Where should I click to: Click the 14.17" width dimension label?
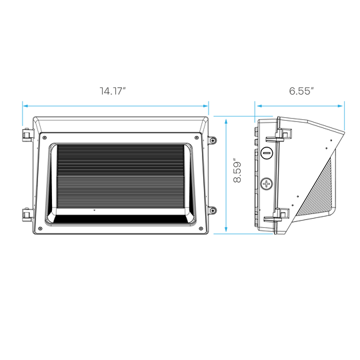pyautogui.click(x=113, y=91)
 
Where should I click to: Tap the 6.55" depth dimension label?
pyautogui.click(x=301, y=91)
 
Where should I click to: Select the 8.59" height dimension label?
pyautogui.click(x=237, y=170)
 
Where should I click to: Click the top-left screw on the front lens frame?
pyautogui.click(x=45, y=138)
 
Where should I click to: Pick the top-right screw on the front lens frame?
pyautogui.click(x=197, y=138)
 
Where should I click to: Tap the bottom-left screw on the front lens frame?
pyautogui.click(x=41, y=229)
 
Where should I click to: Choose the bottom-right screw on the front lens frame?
pyautogui.click(x=201, y=229)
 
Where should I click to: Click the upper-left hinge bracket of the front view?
pyautogui.click(x=27, y=135)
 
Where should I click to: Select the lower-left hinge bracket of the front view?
pyautogui.click(x=27, y=215)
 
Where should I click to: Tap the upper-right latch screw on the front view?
pyautogui.click(x=213, y=140)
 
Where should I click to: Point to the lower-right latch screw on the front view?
pyautogui.click(x=213, y=210)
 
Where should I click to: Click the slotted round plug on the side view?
pyautogui.click(x=267, y=153)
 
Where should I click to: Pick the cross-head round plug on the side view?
pyautogui.click(x=267, y=184)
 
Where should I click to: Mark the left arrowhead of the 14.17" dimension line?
pyautogui.click(x=26, y=106)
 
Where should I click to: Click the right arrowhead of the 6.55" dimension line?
pyautogui.click(x=340, y=106)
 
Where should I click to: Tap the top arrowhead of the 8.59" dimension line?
pyautogui.click(x=226, y=122)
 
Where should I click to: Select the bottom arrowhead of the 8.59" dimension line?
pyautogui.click(x=226, y=229)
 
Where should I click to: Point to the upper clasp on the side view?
pyautogui.click(x=279, y=135)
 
